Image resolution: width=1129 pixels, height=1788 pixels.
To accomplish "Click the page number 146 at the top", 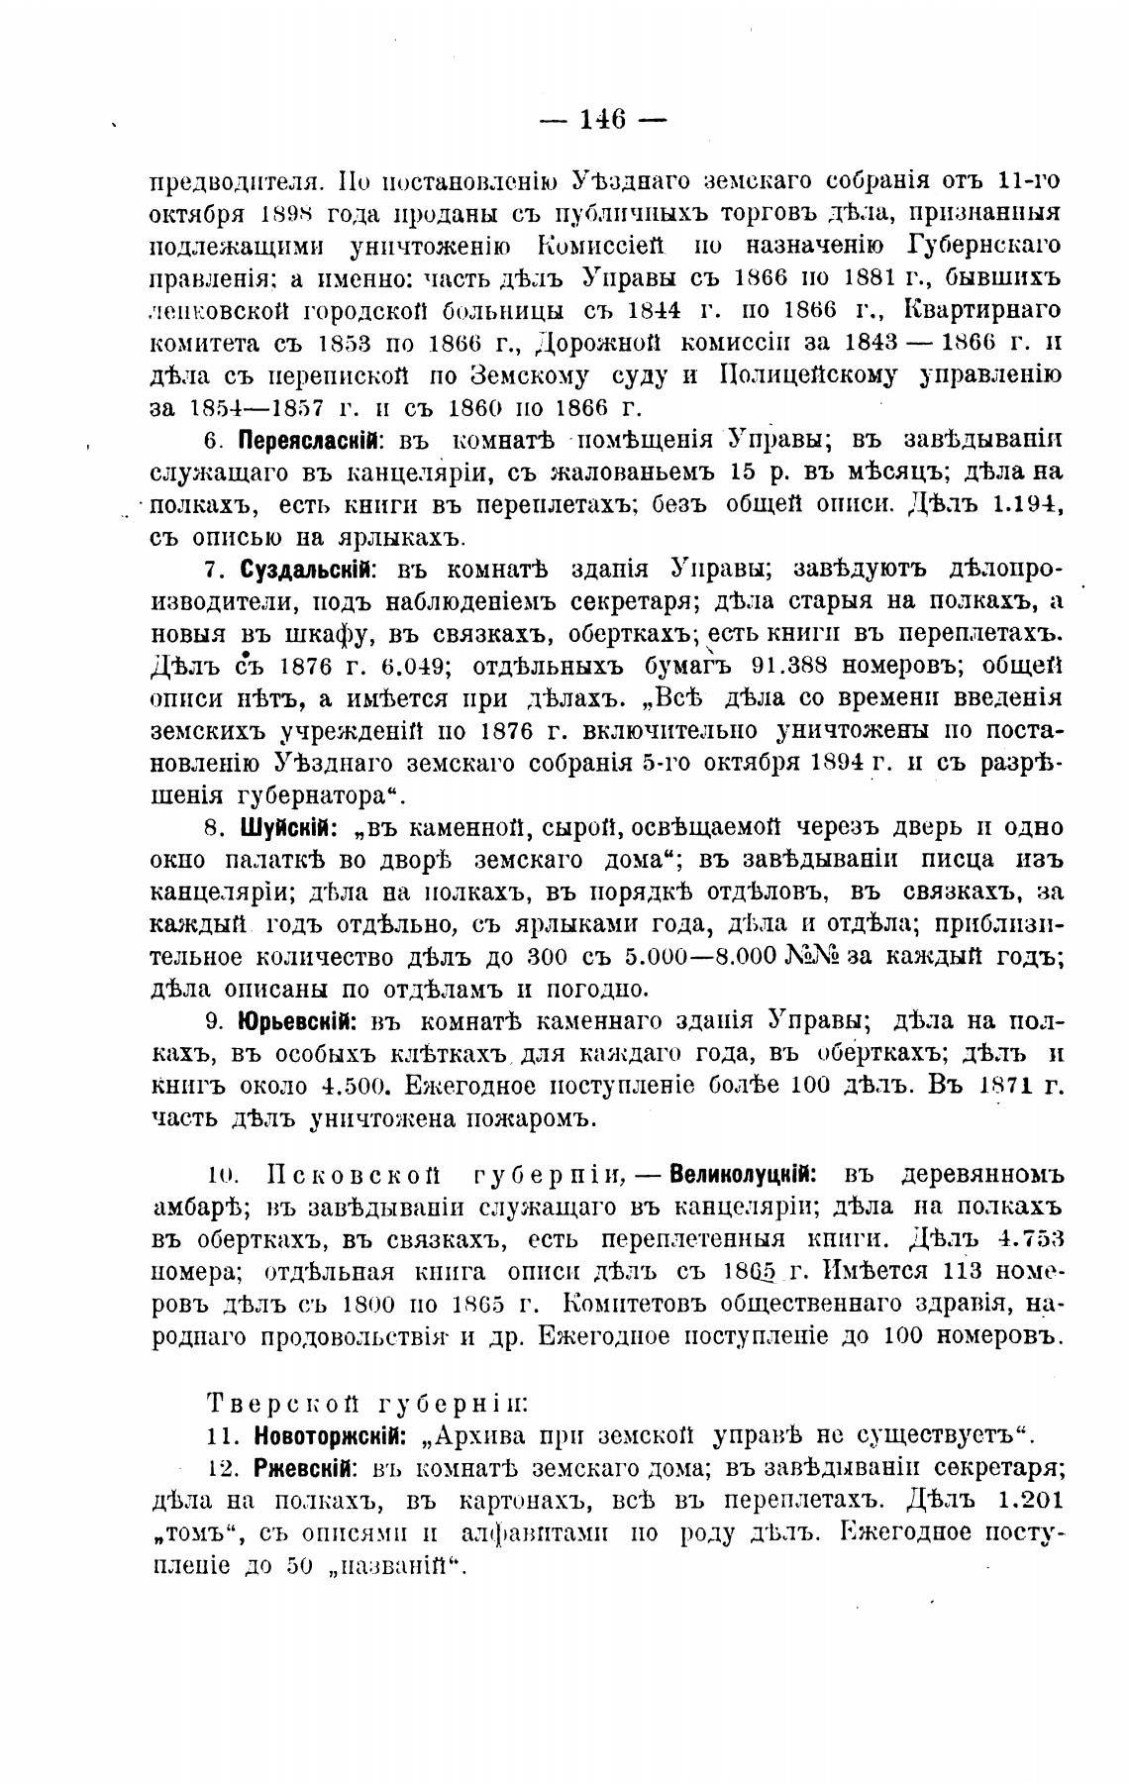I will tap(603, 120).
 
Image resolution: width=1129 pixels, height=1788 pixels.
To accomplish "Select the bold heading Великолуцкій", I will tap(743, 1176).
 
